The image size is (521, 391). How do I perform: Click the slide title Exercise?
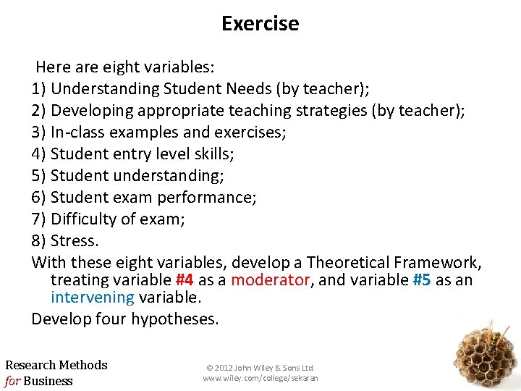(260, 24)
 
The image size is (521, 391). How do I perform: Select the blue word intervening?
(92, 297)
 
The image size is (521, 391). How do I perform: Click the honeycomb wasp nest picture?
(485, 354)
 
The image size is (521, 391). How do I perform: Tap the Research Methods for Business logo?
(56, 373)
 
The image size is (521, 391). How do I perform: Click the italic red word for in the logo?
(12, 381)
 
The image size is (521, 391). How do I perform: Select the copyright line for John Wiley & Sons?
(260, 368)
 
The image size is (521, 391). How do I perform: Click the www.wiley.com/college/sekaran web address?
(260, 378)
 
